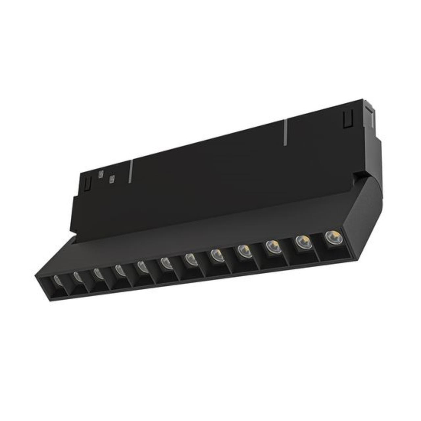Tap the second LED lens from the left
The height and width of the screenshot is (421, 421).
[77, 277]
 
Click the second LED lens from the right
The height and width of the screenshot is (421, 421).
[302, 242]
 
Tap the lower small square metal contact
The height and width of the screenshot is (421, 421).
[112, 180]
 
